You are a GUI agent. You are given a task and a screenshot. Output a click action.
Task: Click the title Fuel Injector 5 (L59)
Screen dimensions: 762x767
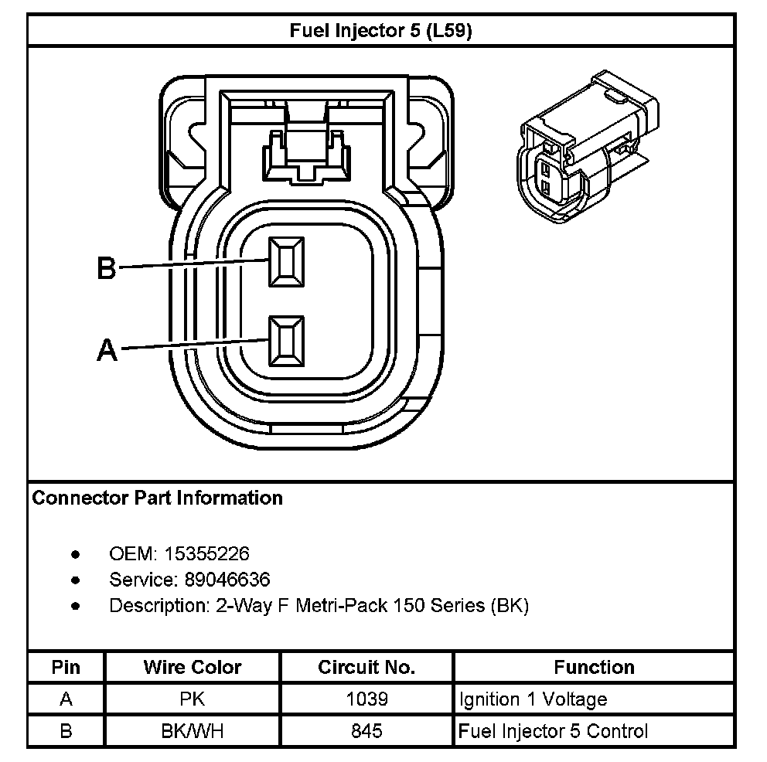(381, 31)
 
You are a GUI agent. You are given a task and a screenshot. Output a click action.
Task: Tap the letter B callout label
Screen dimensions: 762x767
(106, 268)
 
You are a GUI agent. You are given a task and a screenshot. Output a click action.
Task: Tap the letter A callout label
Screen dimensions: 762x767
(107, 350)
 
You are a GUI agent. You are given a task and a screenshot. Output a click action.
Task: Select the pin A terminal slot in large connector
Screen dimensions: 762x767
(286, 340)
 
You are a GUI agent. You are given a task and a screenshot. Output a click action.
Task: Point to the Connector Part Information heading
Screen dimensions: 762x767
(158, 498)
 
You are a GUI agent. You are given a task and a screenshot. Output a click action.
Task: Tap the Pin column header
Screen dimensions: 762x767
(66, 667)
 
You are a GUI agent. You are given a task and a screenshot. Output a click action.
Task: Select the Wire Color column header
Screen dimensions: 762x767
(193, 667)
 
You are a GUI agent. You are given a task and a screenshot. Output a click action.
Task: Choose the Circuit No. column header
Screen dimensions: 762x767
(366, 667)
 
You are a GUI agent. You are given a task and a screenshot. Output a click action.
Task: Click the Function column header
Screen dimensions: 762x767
(594, 667)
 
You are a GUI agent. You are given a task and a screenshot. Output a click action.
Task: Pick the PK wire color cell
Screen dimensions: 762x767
(193, 699)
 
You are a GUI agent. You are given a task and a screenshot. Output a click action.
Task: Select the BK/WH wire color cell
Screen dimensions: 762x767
(193, 731)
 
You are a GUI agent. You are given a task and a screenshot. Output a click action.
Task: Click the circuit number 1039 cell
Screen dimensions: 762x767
(366, 699)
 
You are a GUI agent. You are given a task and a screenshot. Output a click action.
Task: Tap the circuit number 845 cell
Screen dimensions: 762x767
(366, 731)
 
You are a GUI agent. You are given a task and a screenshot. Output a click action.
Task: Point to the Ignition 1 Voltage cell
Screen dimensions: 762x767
(533, 699)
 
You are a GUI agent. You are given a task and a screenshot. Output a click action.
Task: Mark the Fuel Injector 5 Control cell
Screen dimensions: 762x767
(554, 731)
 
